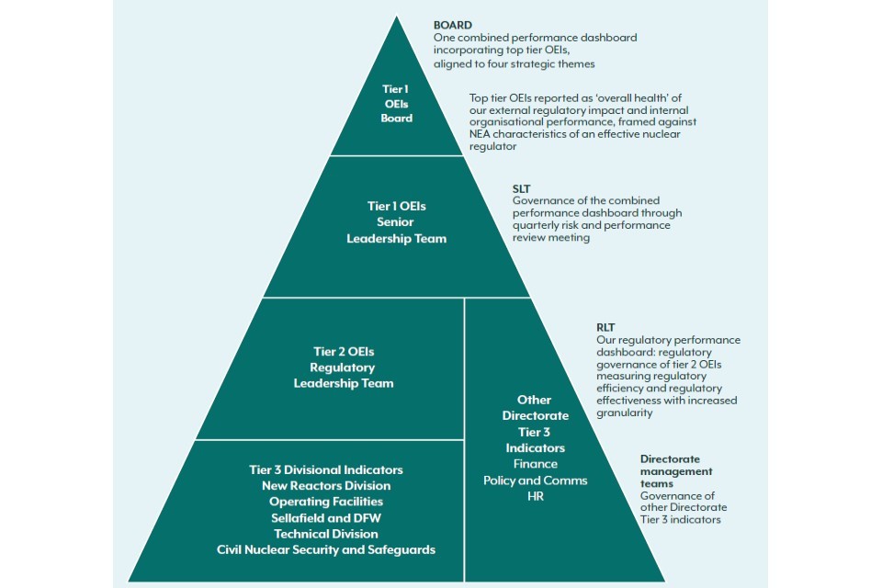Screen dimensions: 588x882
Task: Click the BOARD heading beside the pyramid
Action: point(452,25)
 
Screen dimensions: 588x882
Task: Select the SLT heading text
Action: point(521,189)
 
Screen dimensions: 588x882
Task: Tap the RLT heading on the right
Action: point(605,326)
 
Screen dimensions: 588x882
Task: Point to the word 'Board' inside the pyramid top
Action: point(397,119)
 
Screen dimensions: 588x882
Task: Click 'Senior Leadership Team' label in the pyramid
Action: point(396,231)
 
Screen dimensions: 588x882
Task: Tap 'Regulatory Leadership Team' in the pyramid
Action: point(344,375)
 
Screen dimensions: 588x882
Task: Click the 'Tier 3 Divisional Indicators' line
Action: point(326,469)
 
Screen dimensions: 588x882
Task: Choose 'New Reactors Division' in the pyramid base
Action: point(326,486)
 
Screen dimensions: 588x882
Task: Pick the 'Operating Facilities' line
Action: point(326,502)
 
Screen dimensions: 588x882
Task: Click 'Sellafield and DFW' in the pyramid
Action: point(326,518)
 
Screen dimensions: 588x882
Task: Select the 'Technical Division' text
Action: point(326,534)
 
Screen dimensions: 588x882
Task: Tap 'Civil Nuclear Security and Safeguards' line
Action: point(326,550)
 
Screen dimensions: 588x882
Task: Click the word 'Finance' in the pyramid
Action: point(535,464)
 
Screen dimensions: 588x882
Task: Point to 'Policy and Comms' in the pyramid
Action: point(535,481)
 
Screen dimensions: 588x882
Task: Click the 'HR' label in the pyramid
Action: point(535,496)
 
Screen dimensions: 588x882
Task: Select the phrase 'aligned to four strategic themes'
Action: point(514,63)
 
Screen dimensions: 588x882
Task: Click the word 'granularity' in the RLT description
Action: point(625,413)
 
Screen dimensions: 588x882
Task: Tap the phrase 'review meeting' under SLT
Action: point(550,237)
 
